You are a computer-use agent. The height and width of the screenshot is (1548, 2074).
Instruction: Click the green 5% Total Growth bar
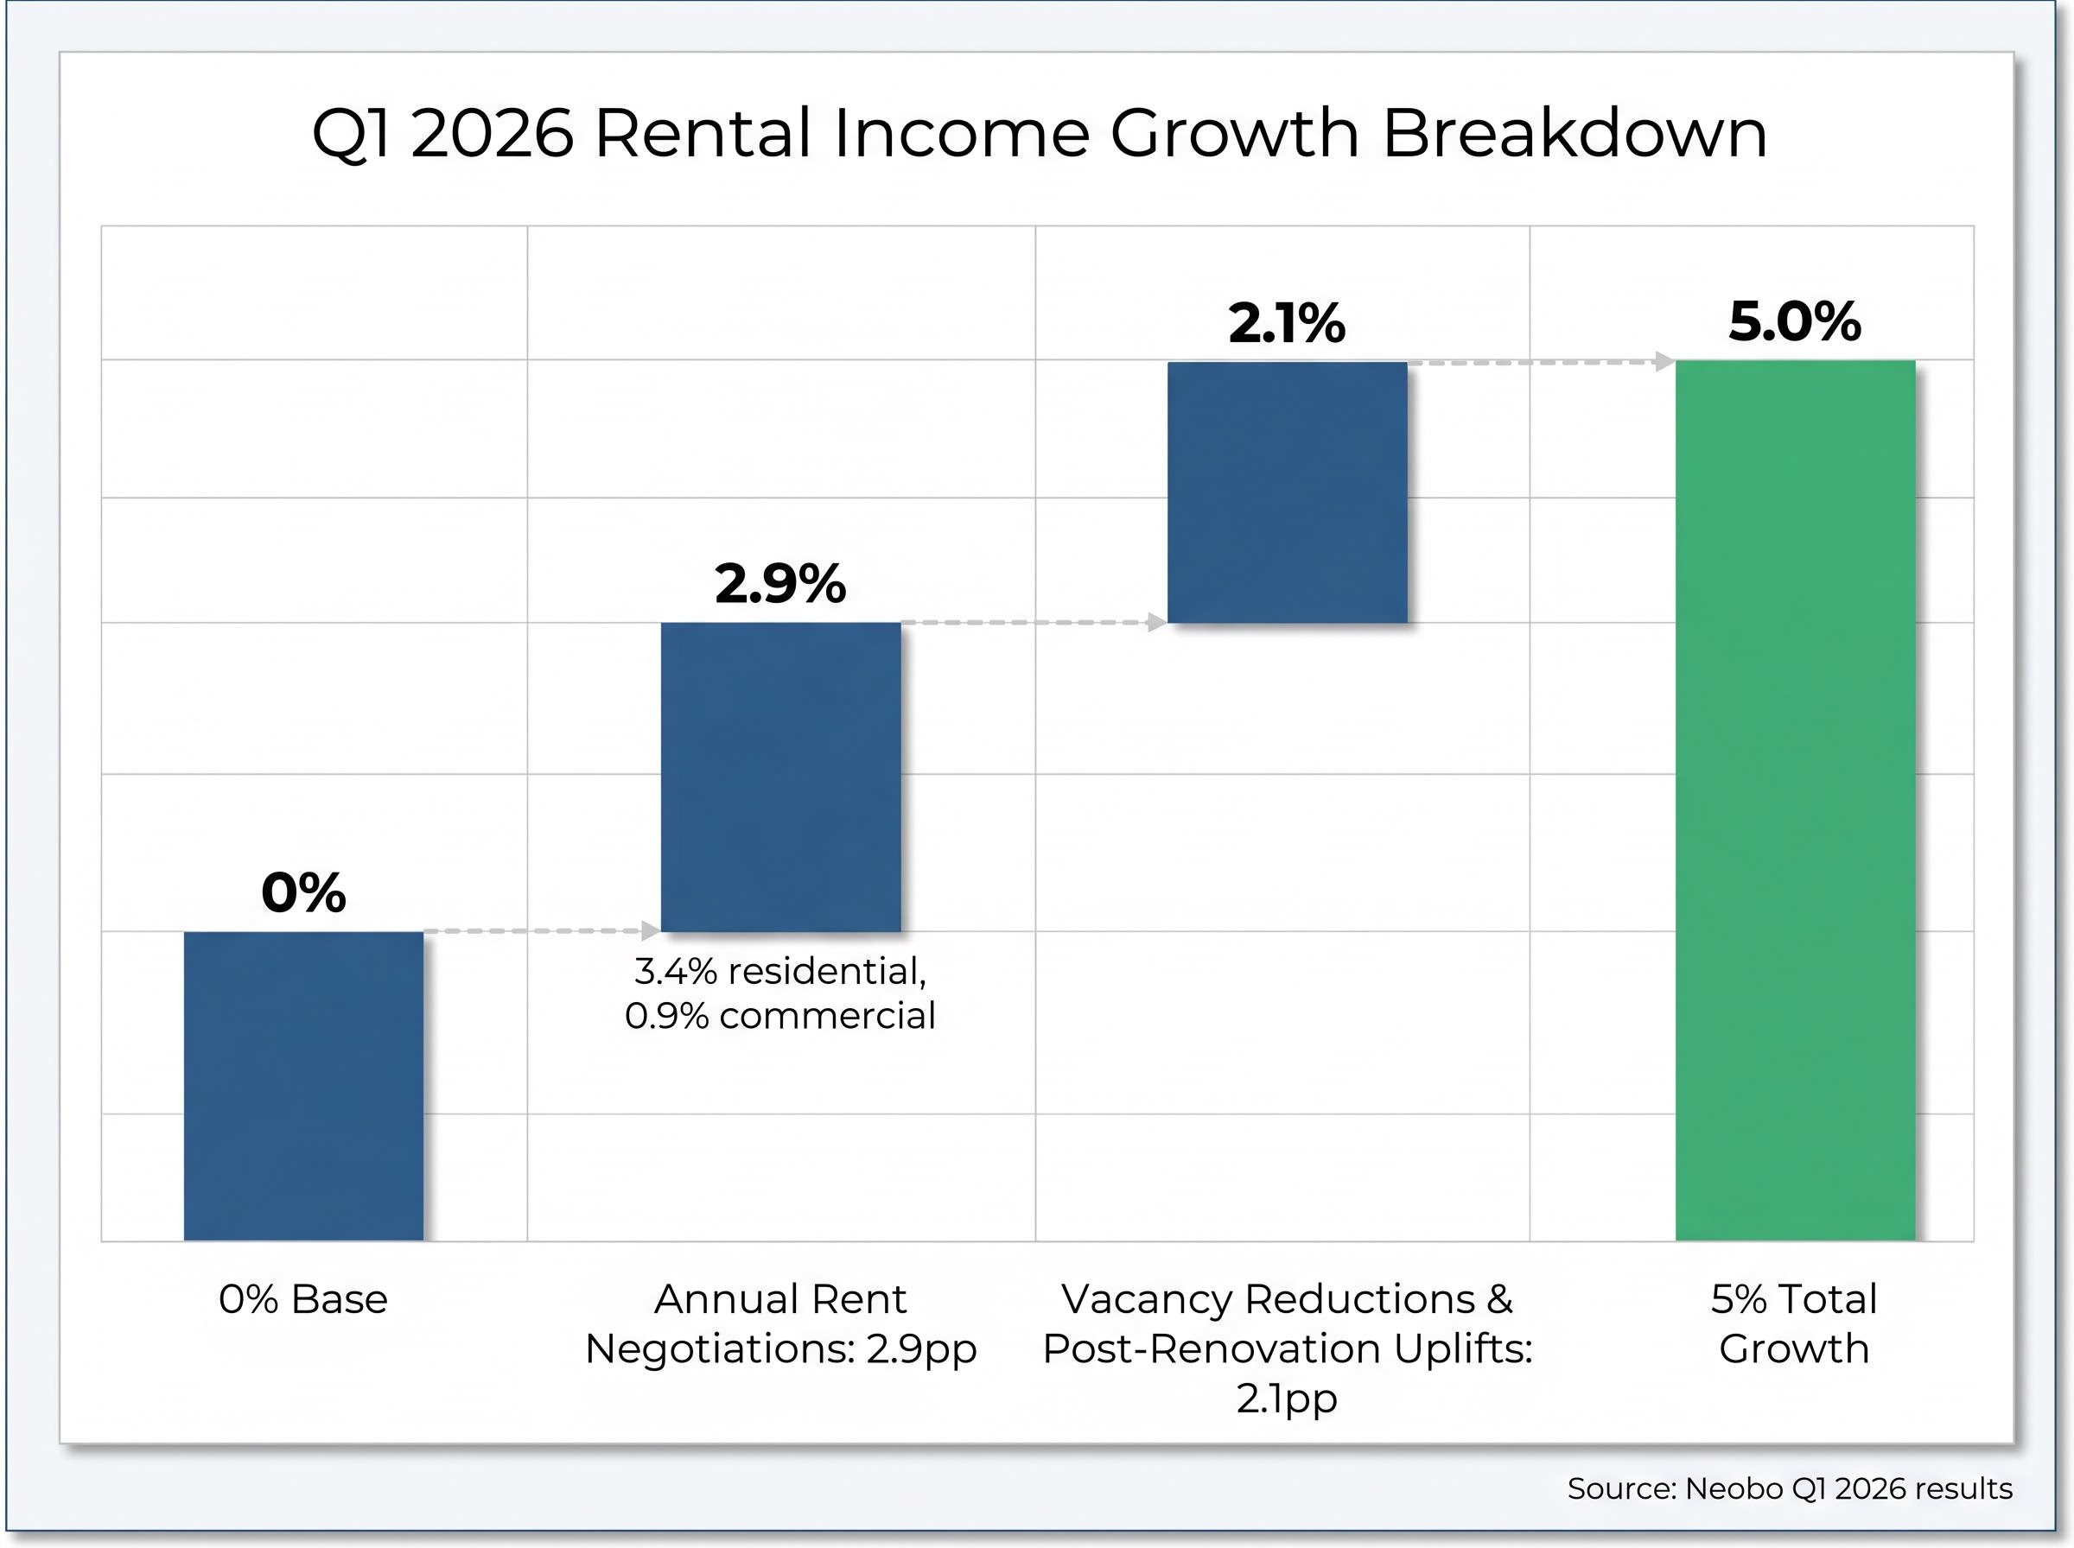pos(1794,800)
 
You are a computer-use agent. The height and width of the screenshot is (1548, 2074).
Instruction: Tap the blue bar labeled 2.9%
pos(779,777)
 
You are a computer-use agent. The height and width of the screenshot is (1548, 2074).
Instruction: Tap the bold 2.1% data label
pos(1286,323)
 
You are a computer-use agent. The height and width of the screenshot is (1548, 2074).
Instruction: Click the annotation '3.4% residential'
pos(779,972)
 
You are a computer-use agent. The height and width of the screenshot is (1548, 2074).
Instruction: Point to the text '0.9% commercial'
pos(779,1016)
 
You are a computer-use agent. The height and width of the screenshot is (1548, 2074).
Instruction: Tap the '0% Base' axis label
pos(302,1300)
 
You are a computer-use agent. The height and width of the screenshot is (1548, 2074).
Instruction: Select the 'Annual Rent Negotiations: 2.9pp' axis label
pos(779,1324)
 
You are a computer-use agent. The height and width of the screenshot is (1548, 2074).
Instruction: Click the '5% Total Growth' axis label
pos(1794,1324)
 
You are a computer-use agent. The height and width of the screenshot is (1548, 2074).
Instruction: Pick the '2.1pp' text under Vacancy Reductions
pos(1286,1398)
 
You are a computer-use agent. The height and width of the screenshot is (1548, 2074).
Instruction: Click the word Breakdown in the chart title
pos(1575,133)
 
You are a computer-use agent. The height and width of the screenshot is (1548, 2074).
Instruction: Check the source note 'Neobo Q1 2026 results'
pos(1848,1489)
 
